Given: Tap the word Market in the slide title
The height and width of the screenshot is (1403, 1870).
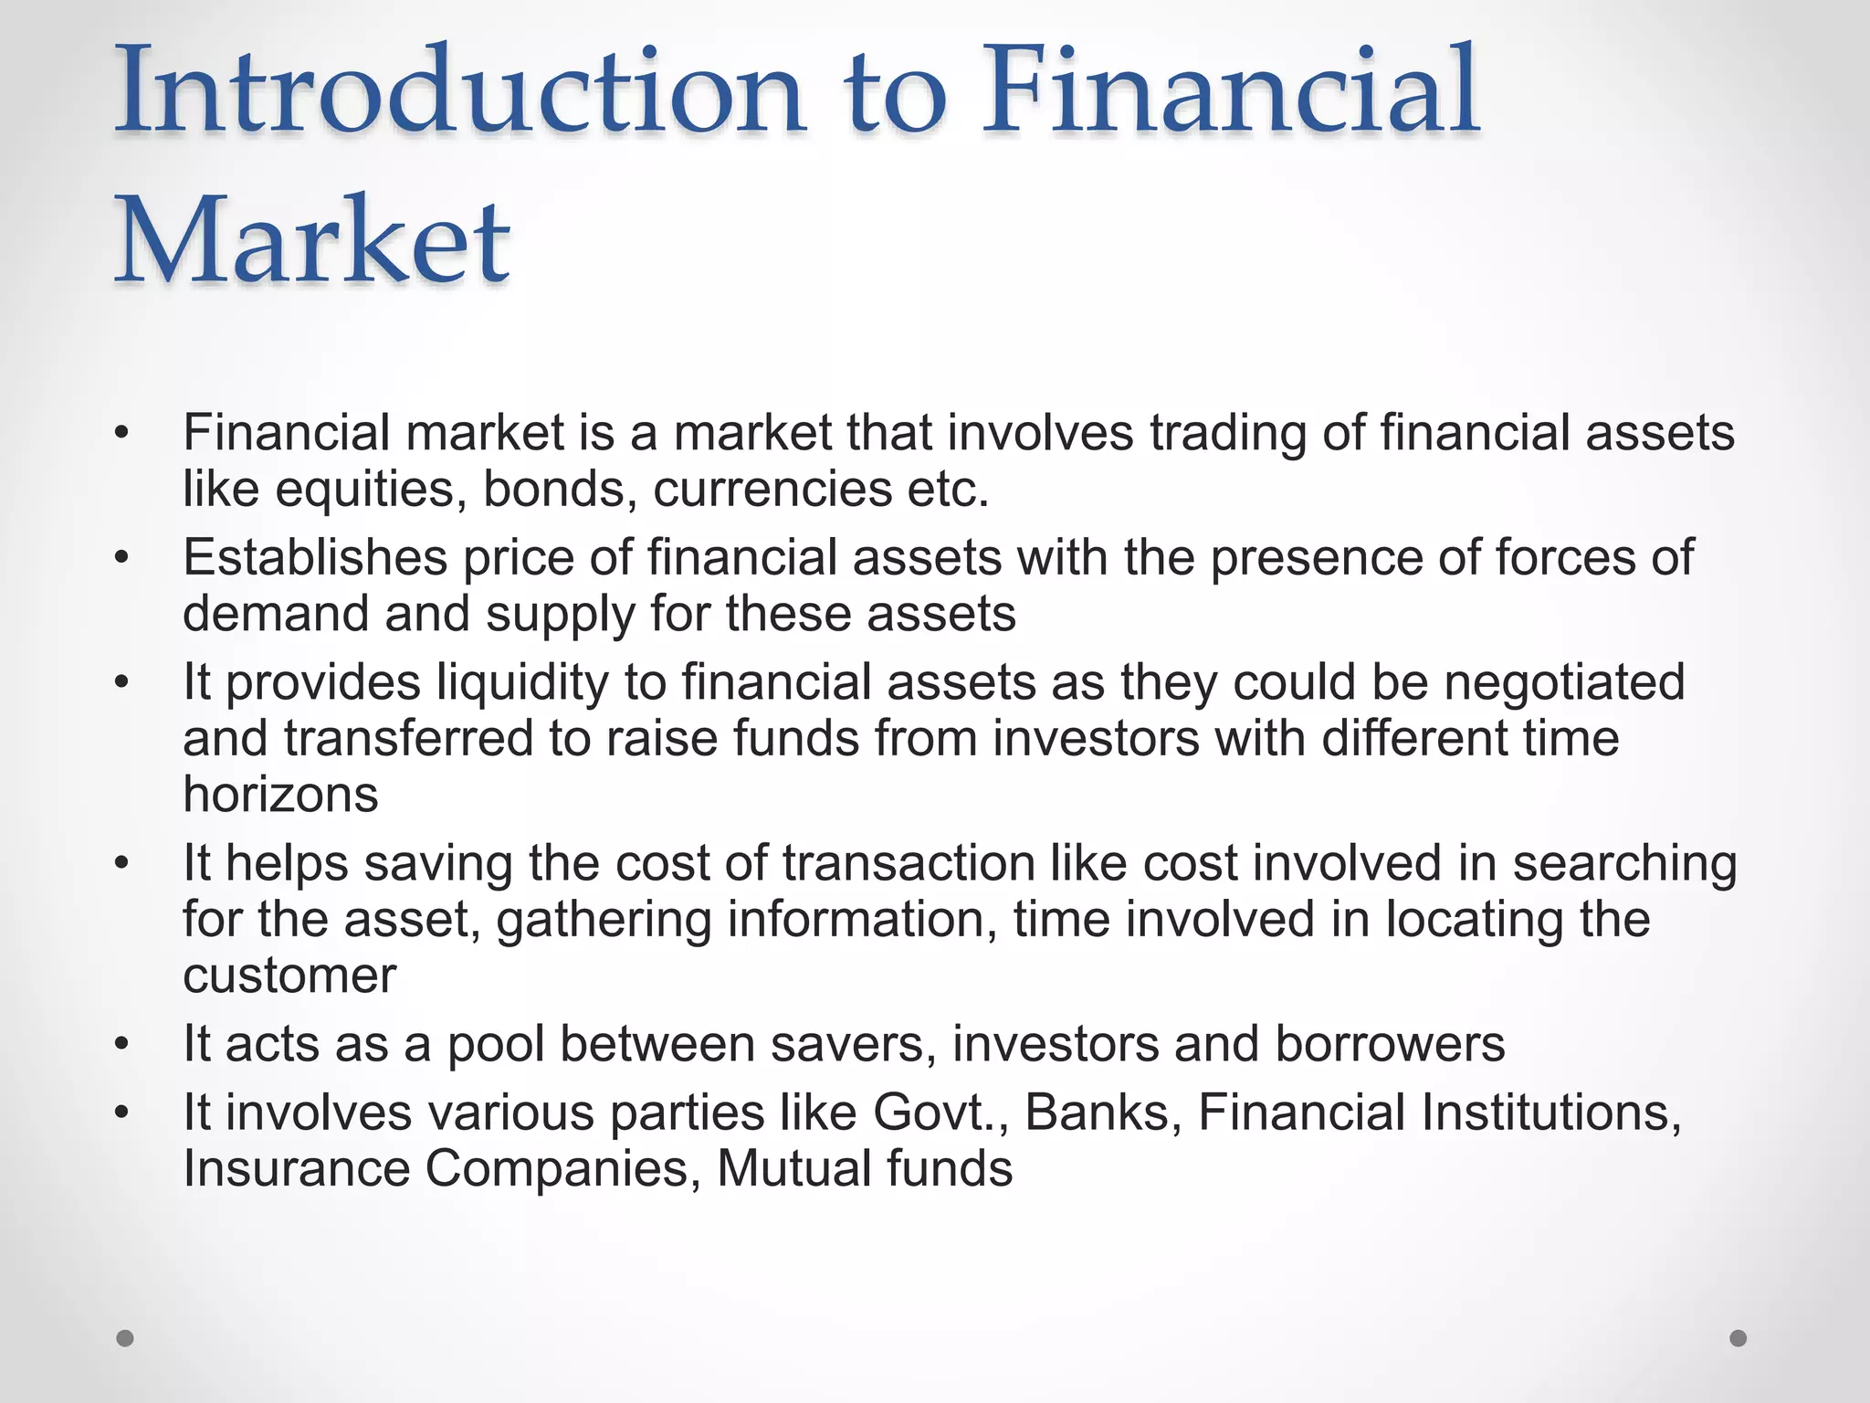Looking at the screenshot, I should point(311,241).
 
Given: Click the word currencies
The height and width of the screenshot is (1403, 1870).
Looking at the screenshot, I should point(772,490).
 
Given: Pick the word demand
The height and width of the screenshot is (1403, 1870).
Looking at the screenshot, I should point(275,614).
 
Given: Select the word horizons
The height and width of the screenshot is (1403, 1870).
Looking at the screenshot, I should point(280,795).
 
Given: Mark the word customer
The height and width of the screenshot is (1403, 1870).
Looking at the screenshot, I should point(289,976).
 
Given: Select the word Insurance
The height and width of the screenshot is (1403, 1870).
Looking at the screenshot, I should point(296,1169).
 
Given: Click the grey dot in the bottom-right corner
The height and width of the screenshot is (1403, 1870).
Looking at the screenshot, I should point(1739,1338).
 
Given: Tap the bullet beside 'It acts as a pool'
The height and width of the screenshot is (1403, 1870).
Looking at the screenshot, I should point(122,1044).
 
